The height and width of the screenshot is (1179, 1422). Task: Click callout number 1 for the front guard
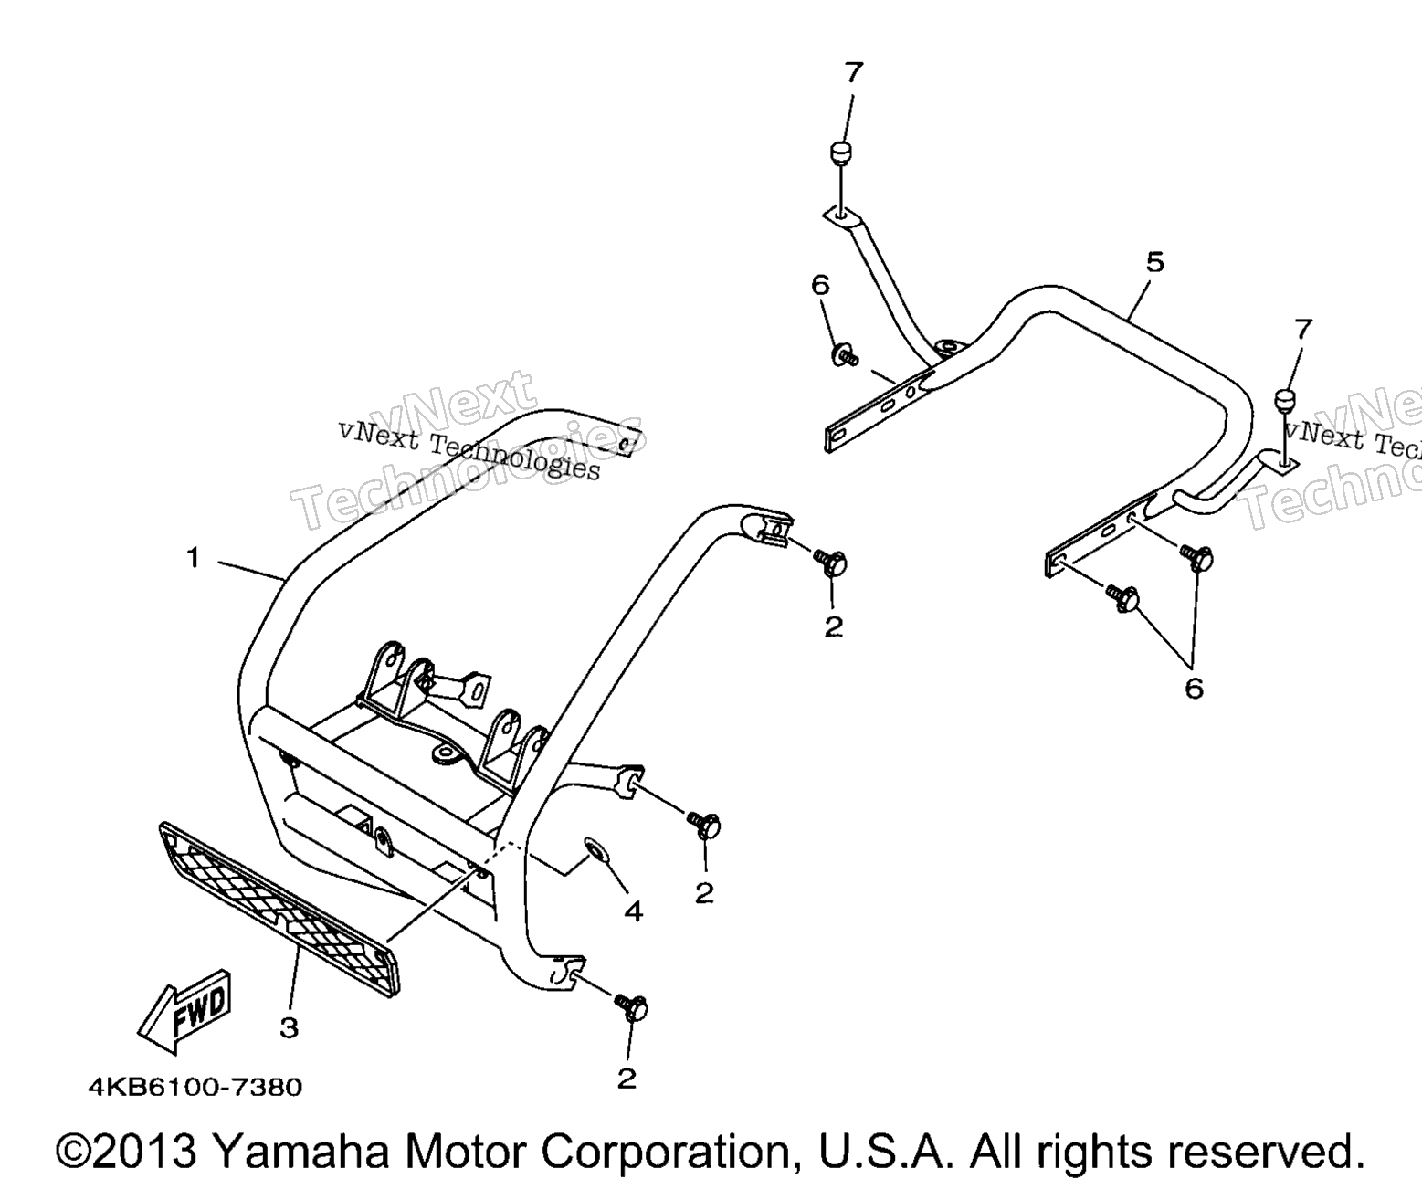(x=194, y=558)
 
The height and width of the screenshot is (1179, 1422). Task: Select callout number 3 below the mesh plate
(x=289, y=1028)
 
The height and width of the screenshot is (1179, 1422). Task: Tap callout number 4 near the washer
(x=633, y=911)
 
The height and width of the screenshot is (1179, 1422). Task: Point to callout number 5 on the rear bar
(x=1155, y=262)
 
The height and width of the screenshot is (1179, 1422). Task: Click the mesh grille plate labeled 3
(x=279, y=910)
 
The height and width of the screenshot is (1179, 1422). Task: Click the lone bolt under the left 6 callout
(x=845, y=354)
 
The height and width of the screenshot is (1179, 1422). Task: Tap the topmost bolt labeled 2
(x=830, y=563)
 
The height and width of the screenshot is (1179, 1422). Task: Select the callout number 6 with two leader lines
(x=1194, y=689)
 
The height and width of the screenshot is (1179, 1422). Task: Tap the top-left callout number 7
(x=854, y=71)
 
